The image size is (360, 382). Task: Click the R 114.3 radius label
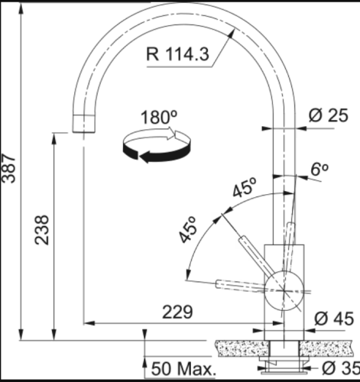tap(177, 54)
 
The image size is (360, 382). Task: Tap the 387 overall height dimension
tap(8, 168)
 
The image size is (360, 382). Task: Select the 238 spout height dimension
tap(41, 230)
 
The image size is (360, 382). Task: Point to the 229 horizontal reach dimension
tap(177, 312)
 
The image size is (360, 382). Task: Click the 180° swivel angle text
tap(159, 117)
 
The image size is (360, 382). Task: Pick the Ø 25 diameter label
tap(328, 115)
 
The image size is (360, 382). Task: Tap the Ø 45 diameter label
tap(334, 319)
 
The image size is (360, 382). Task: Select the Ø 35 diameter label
tap(341, 368)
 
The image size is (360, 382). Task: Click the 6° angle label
tap(319, 169)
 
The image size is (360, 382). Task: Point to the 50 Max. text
tap(183, 369)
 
